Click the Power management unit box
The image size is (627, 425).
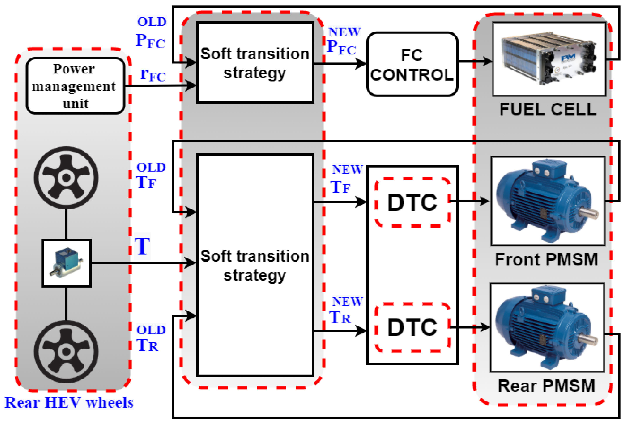click(75, 86)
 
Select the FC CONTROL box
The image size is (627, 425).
click(412, 64)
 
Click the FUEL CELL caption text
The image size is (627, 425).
click(548, 109)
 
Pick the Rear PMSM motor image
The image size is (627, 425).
click(547, 327)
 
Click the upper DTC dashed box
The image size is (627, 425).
click(412, 202)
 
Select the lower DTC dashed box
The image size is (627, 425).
click(412, 327)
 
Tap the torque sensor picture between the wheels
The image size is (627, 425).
click(66, 263)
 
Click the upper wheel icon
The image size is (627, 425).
click(66, 178)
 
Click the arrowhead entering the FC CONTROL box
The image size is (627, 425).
click(361, 64)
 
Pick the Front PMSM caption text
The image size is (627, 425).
click(546, 260)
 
